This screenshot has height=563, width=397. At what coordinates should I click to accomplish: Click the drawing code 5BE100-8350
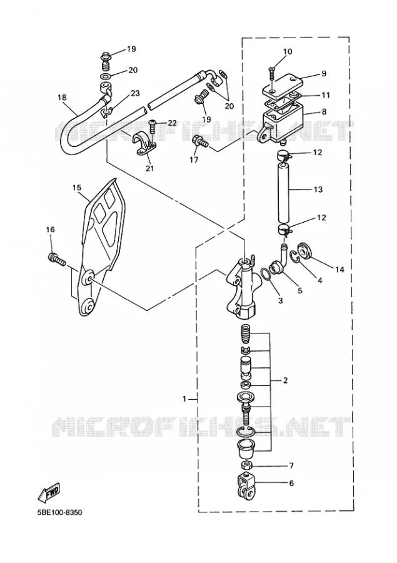pyautogui.click(x=59, y=512)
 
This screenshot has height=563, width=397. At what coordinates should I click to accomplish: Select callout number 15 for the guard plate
pyautogui.click(x=77, y=188)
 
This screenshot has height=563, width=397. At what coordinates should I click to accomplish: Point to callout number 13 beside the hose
pyautogui.click(x=318, y=189)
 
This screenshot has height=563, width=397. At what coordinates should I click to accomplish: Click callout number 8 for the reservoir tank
pyautogui.click(x=324, y=112)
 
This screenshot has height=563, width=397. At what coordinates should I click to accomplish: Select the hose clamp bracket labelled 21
pyautogui.click(x=146, y=145)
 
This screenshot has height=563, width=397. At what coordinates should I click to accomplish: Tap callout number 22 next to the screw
pyautogui.click(x=172, y=123)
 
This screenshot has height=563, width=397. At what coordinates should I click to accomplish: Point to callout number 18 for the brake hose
pyautogui.click(x=62, y=98)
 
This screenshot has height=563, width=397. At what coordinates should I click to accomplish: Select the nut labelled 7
pyautogui.click(x=246, y=465)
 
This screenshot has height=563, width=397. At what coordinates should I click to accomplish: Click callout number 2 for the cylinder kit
pyautogui.click(x=285, y=380)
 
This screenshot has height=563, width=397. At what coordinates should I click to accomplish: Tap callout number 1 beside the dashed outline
pyautogui.click(x=184, y=399)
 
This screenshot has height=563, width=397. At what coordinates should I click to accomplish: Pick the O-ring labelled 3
pyautogui.click(x=266, y=273)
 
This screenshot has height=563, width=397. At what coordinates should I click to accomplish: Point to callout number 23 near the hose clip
pyautogui.click(x=135, y=93)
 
